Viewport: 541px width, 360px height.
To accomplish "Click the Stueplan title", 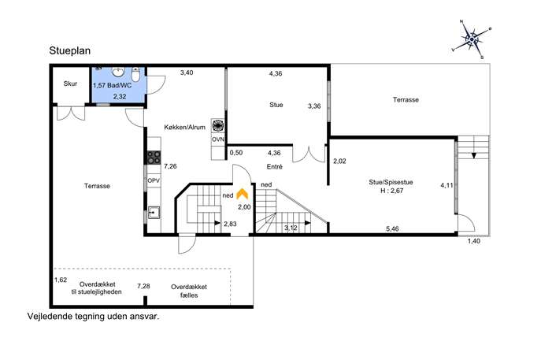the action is point(70,51).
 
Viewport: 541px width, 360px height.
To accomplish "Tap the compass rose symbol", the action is point(472,39).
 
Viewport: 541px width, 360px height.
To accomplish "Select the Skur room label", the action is point(70,84).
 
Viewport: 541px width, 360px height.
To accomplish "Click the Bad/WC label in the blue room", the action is point(119,85).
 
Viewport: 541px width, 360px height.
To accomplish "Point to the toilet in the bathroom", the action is point(135,74).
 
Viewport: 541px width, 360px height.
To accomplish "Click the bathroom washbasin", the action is point(118,72).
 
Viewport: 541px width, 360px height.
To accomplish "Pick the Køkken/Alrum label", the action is point(184,128).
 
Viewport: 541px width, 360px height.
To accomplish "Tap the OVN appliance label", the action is point(217,139).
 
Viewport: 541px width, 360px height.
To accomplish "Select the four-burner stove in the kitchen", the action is point(154,158).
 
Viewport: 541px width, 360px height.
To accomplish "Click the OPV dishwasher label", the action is point(154,180).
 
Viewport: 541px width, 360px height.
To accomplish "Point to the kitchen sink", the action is point(154,213).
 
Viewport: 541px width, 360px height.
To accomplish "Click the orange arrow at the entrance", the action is point(243,194).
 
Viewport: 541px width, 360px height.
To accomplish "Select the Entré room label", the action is point(275,167).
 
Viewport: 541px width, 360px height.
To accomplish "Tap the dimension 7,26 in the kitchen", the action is point(170,166).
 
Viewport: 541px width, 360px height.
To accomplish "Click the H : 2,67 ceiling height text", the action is point(391,191).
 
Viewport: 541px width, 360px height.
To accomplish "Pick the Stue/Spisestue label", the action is point(391,182).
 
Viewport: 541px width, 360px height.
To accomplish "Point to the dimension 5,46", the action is point(392,228).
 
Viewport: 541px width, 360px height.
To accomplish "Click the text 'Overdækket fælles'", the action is point(189,291).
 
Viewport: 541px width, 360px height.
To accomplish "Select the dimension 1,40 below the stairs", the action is point(474,241).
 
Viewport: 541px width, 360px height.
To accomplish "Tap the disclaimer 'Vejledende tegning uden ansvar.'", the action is point(93,317).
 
